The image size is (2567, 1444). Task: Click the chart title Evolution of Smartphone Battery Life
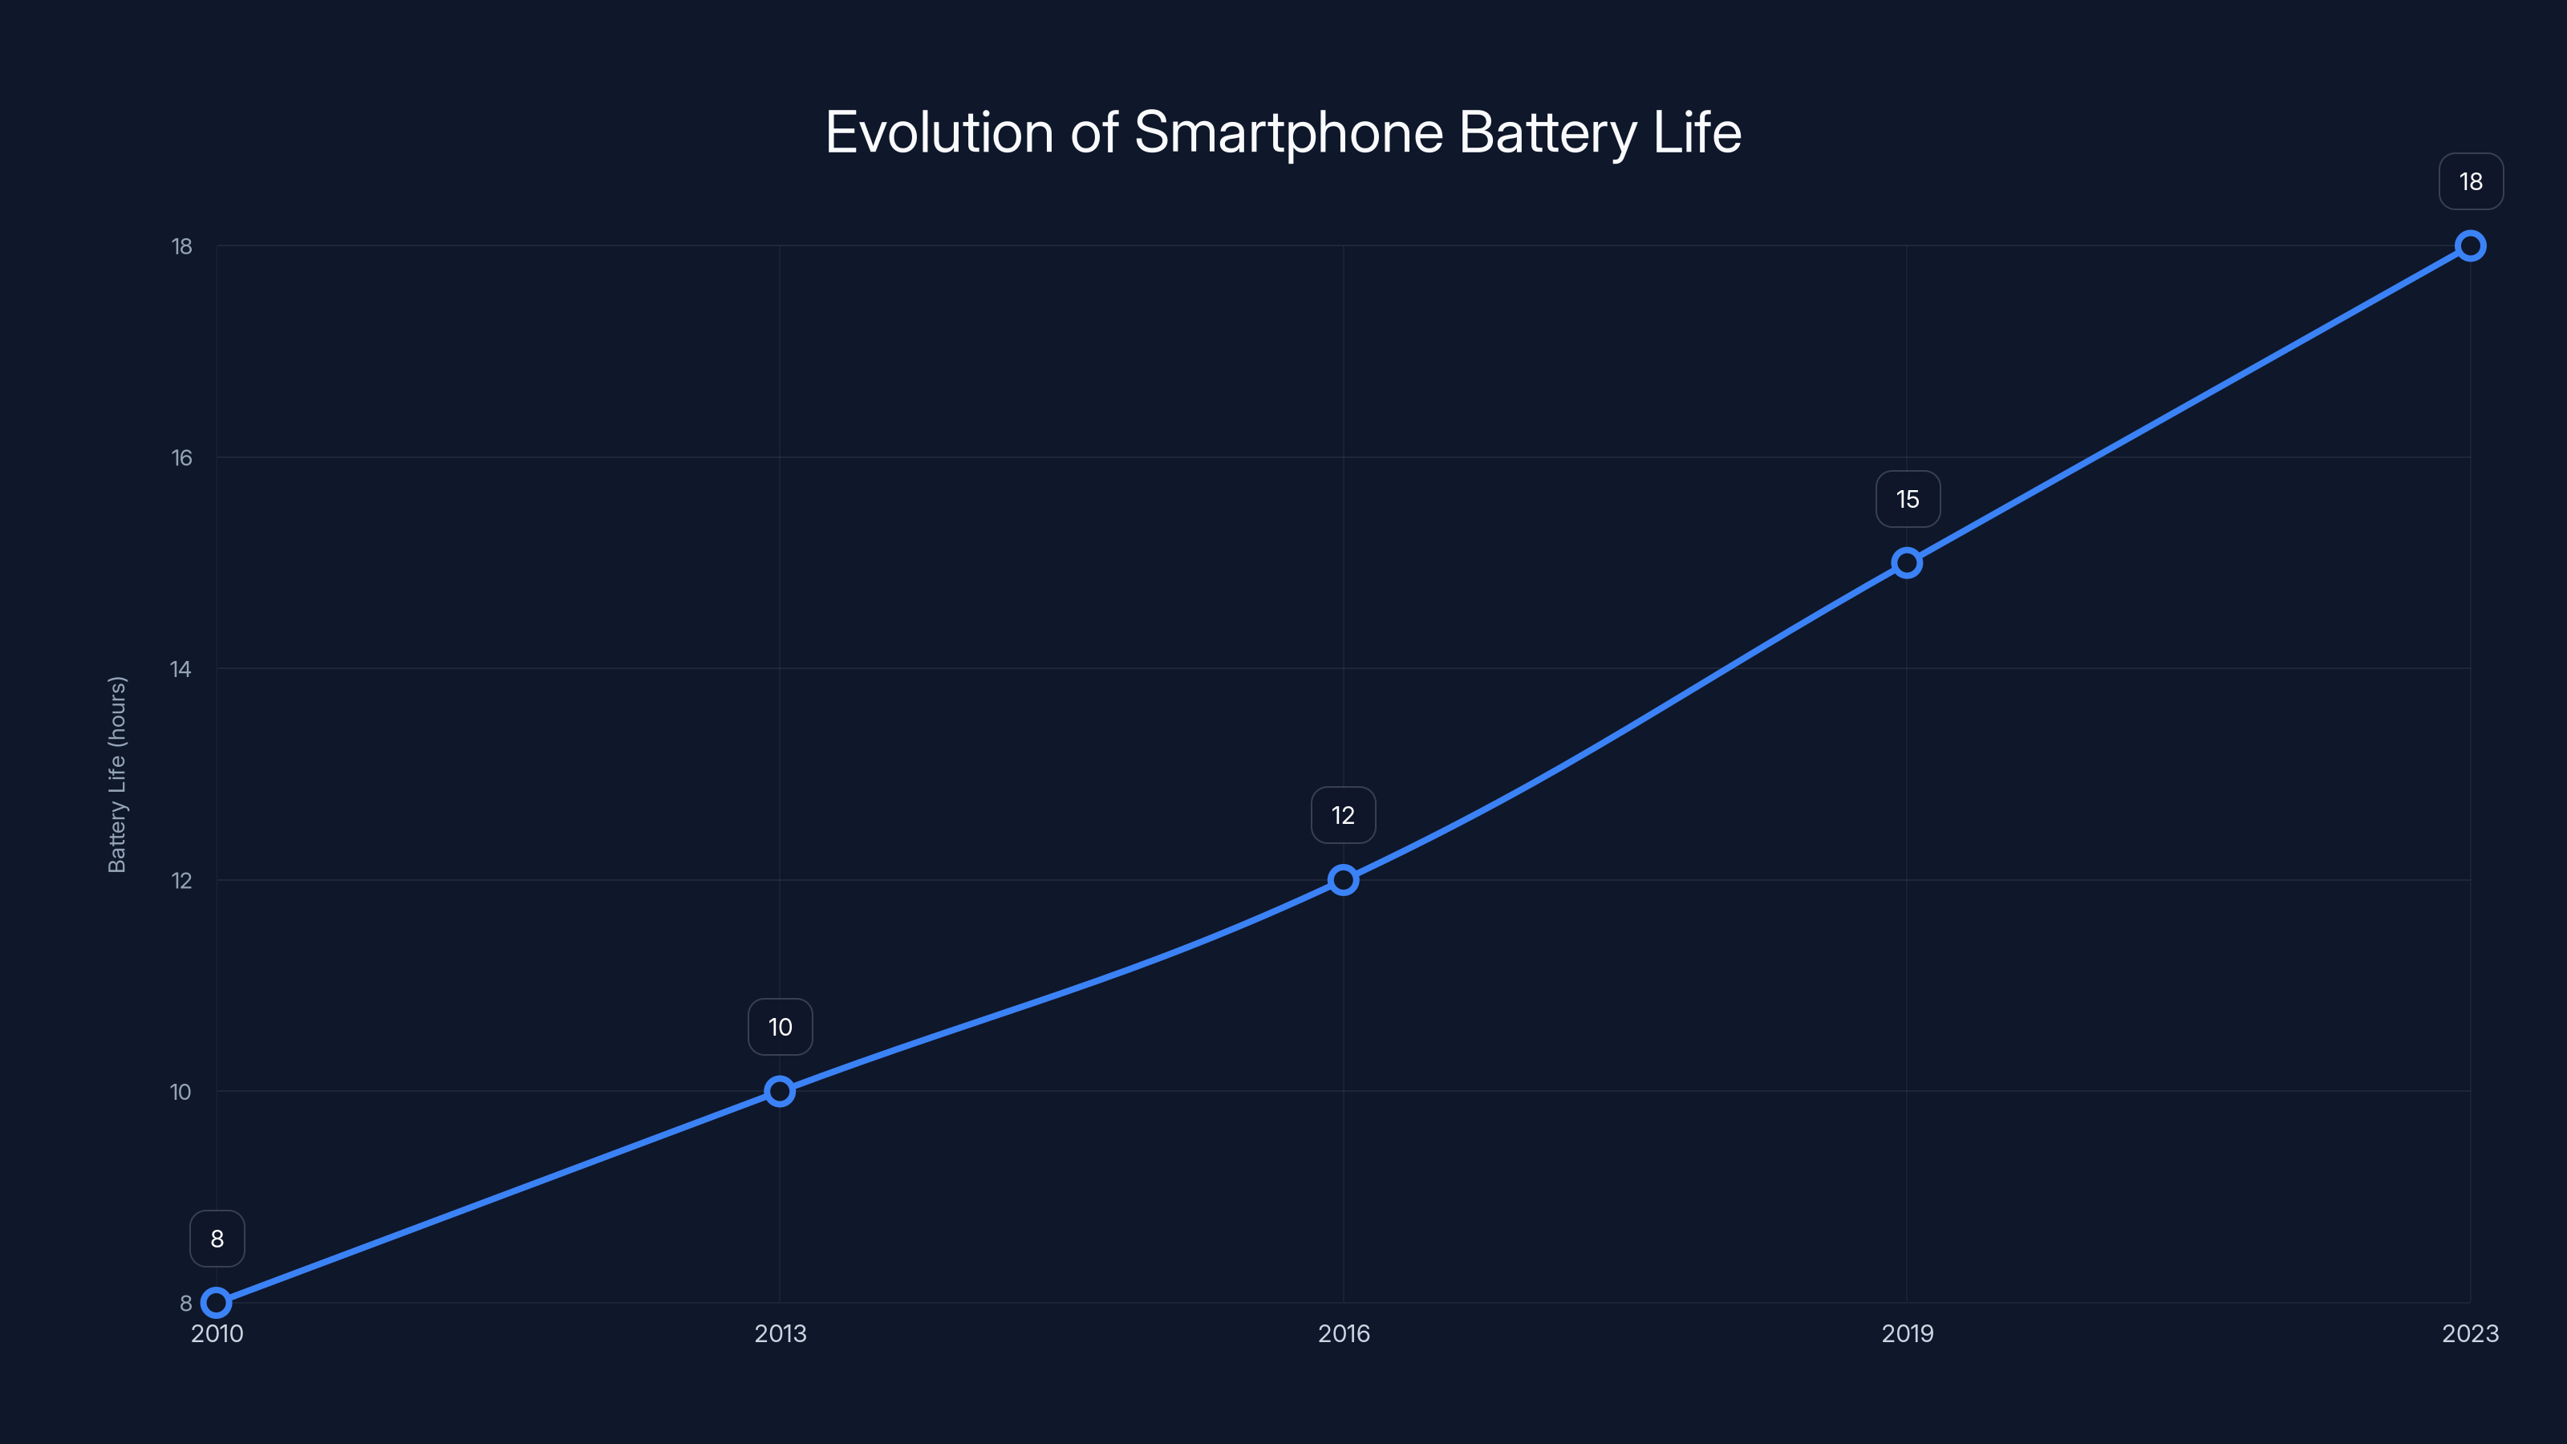[x=1283, y=132]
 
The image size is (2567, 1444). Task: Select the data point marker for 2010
[x=217, y=1303]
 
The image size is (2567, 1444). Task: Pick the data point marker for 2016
[x=1344, y=880]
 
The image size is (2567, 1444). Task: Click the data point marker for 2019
[x=1906, y=563]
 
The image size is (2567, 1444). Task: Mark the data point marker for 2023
[x=2471, y=246]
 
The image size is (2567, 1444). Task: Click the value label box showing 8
[x=217, y=1239]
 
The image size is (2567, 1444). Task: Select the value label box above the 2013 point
[x=781, y=1027]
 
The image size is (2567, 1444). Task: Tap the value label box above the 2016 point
[x=1344, y=815]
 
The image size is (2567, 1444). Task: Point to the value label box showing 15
[x=1908, y=499]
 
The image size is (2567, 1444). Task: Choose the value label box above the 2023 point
[x=2471, y=181]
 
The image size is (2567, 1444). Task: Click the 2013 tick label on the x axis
[x=781, y=1333]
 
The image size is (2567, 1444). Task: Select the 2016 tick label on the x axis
[x=1344, y=1333]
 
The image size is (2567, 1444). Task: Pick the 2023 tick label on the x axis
[x=2469, y=1333]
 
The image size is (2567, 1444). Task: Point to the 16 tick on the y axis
[x=181, y=457]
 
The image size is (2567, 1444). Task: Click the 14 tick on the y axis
[x=181, y=669]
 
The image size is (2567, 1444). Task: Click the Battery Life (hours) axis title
[x=118, y=774]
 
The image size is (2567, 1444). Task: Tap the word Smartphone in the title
[x=1288, y=132]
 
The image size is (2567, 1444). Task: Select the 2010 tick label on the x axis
[x=217, y=1333]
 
